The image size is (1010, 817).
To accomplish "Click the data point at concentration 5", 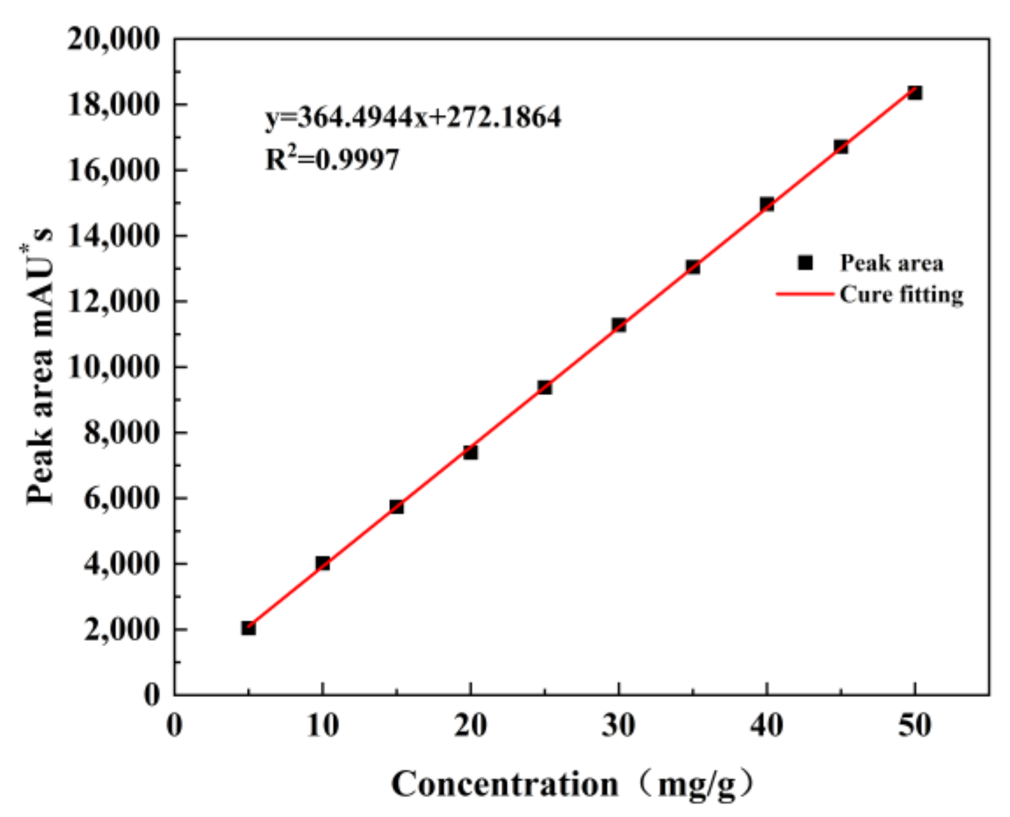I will click(249, 628).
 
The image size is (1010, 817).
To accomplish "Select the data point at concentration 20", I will click(471, 452).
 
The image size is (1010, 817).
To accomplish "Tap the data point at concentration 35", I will click(693, 267).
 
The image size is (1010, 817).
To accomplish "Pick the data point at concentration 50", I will click(915, 92).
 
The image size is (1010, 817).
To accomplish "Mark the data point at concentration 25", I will click(544, 387).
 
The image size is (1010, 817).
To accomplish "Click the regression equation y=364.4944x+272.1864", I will click(413, 117).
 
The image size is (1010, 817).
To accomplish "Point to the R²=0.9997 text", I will click(332, 159).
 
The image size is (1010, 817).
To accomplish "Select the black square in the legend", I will click(805, 263).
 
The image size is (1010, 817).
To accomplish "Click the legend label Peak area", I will click(891, 263).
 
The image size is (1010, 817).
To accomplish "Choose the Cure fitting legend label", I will click(901, 294).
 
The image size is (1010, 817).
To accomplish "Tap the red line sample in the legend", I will click(805, 294).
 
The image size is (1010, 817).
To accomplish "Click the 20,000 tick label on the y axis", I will click(113, 39).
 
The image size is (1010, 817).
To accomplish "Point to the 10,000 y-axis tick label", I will click(113, 367).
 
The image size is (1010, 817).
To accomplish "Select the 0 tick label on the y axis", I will click(151, 695).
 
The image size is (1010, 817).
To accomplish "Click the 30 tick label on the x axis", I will click(619, 726).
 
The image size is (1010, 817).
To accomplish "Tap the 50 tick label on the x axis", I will click(915, 726).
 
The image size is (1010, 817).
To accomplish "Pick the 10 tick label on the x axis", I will click(322, 726).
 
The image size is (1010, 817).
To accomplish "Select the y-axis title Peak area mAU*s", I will click(40, 367).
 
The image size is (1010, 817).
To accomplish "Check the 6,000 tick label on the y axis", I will click(121, 498).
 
